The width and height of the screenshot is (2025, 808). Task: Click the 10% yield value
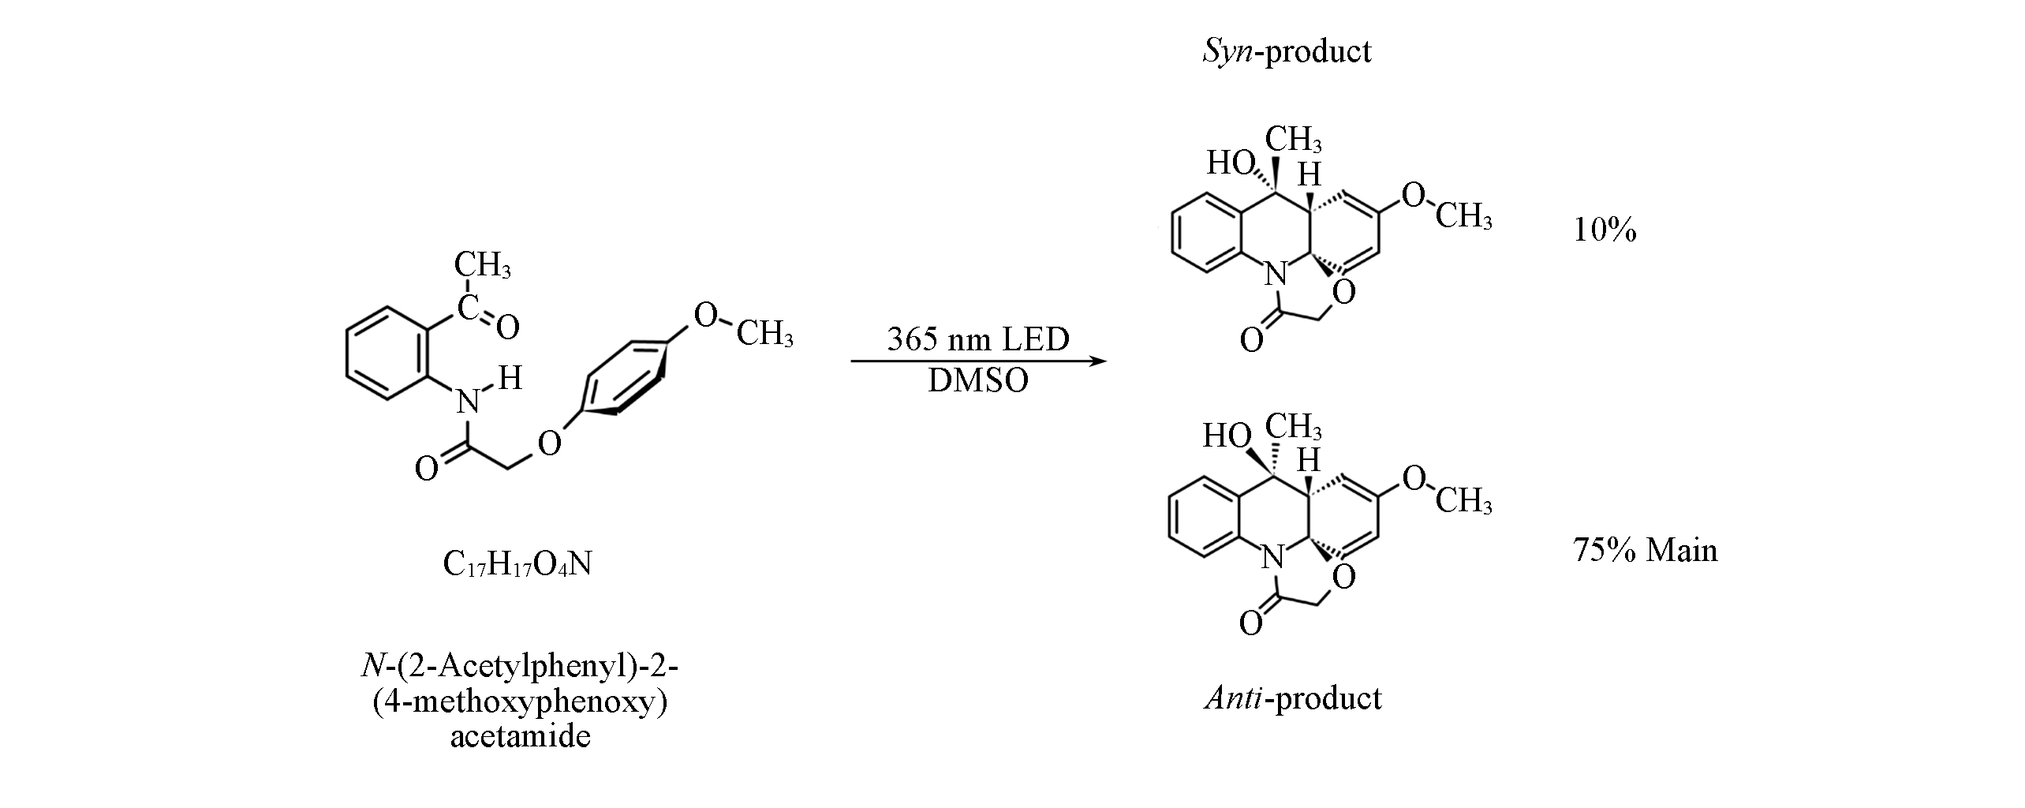click(x=1605, y=230)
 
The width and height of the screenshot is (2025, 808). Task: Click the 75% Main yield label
click(x=1645, y=550)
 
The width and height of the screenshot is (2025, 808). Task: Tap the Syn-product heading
click(x=1286, y=51)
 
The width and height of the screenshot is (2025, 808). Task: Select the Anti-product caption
click(x=1293, y=698)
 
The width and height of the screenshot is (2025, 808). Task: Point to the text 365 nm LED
click(x=978, y=339)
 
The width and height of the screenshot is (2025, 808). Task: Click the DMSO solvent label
click(x=978, y=381)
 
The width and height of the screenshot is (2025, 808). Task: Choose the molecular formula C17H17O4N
click(x=517, y=564)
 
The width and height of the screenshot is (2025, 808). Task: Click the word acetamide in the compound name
click(x=520, y=737)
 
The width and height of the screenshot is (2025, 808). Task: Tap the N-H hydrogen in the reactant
click(x=510, y=379)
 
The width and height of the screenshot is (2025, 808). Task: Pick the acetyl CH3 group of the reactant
click(x=482, y=265)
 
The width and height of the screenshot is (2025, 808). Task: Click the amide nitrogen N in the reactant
click(x=469, y=403)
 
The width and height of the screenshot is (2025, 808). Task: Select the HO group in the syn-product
click(x=1231, y=163)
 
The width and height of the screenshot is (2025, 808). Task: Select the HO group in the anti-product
click(x=1227, y=436)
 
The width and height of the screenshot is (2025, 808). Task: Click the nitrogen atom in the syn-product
click(x=1273, y=276)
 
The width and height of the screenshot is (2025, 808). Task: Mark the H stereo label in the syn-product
click(x=1310, y=175)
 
